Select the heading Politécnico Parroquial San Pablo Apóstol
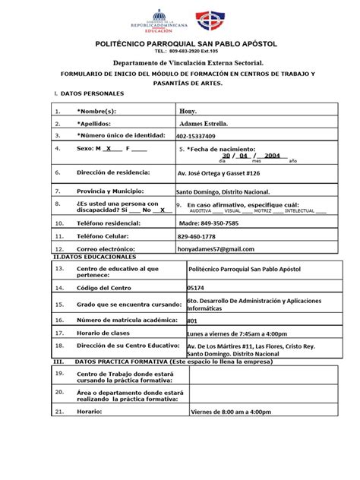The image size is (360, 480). click(x=180, y=46)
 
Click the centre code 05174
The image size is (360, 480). click(x=195, y=288)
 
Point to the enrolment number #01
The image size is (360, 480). click(x=192, y=321)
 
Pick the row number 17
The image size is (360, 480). click(x=60, y=333)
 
